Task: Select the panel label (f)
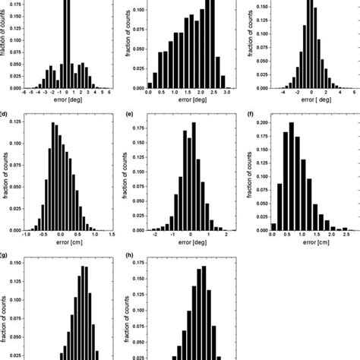[251, 116]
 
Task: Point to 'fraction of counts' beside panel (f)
[251, 175]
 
